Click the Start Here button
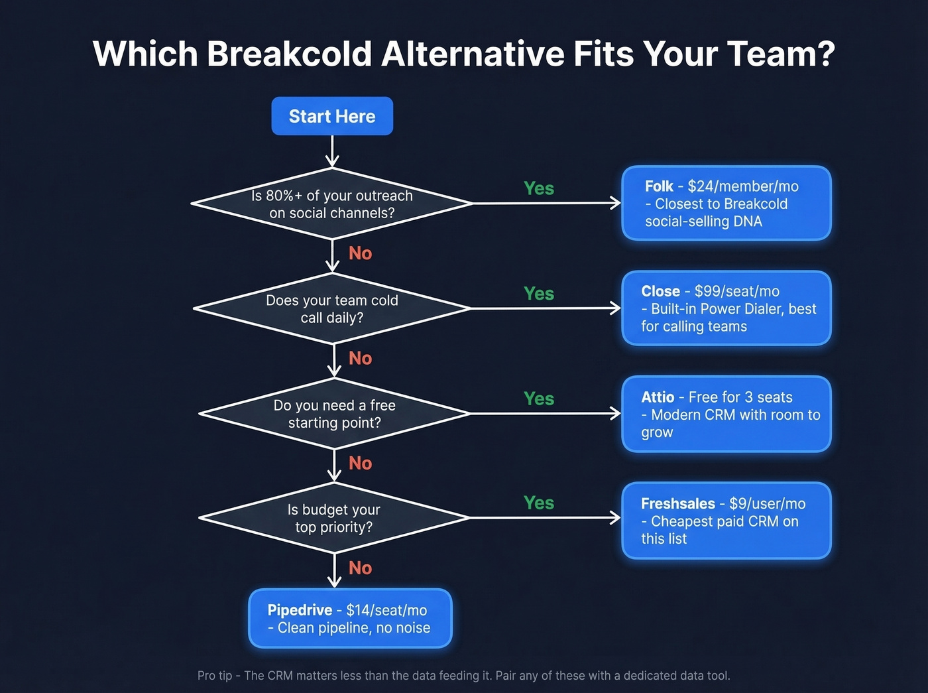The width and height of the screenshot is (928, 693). (332, 116)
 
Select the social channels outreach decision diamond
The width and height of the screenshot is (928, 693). (332, 204)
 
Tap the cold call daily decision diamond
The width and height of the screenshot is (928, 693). (332, 308)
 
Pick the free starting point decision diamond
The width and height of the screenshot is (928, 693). (334, 414)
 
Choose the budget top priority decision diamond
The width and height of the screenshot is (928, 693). (334, 518)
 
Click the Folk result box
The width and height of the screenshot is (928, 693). (726, 204)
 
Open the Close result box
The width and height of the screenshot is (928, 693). (726, 308)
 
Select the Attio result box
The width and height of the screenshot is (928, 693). (726, 414)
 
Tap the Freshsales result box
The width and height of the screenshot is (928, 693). (726, 521)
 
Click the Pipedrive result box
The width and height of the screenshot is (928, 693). (350, 618)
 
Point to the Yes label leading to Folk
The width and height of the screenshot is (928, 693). (538, 188)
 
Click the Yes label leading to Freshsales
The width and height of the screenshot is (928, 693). (538, 503)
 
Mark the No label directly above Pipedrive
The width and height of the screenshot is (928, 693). (360, 568)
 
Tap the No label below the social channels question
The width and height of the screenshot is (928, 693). (360, 253)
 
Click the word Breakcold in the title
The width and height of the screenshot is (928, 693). (289, 54)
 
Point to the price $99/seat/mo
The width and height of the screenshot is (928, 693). (736, 291)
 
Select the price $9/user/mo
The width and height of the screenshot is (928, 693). (767, 503)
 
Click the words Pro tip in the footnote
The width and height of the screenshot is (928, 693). (215, 676)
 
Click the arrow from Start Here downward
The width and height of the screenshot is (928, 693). (332, 152)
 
